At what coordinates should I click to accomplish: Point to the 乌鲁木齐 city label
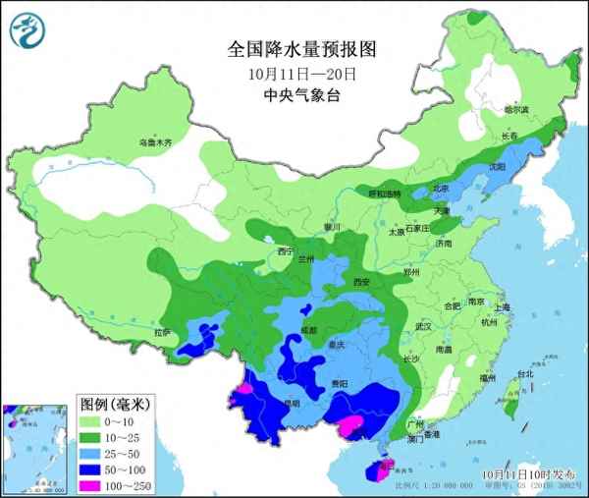pyautogui.click(x=154, y=143)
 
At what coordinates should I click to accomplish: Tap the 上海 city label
pyautogui.click(x=502, y=307)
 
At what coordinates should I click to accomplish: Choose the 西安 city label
pyautogui.click(x=358, y=283)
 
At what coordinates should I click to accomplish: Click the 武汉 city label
pyautogui.click(x=424, y=325)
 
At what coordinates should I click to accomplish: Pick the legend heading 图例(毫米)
pyautogui.click(x=114, y=404)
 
